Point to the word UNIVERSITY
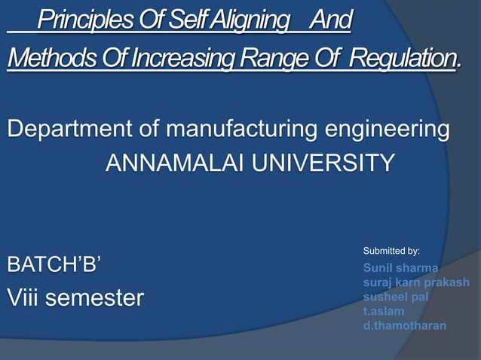click(324, 163)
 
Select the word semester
click(96, 298)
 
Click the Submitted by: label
click(391, 250)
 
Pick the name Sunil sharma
click(401, 267)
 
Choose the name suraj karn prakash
click(416, 282)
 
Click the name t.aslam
click(384, 311)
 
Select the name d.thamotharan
click(405, 326)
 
